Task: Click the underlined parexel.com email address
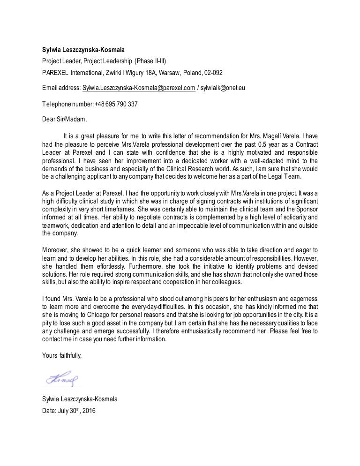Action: tap(139, 88)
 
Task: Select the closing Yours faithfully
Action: tap(61, 356)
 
